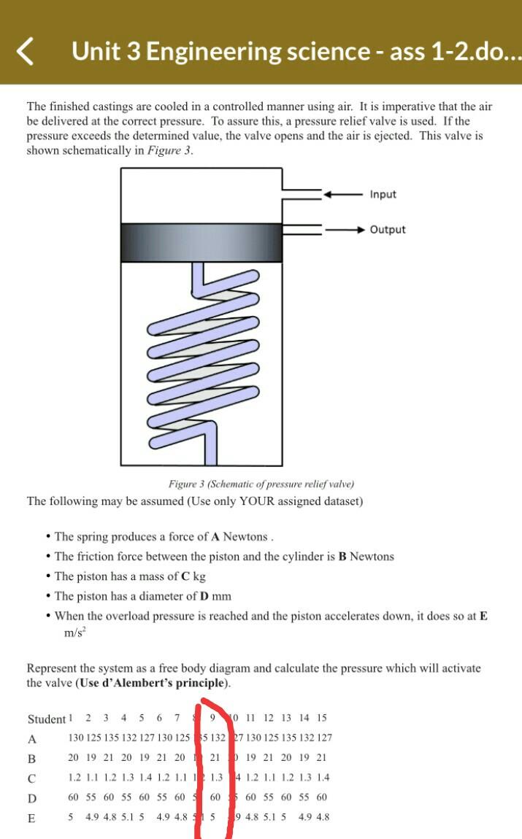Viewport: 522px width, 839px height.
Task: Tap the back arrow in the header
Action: click(26, 51)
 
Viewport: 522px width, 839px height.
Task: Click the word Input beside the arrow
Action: click(383, 194)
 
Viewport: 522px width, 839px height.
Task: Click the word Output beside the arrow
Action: click(387, 229)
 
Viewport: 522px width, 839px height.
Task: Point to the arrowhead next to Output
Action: click(358, 230)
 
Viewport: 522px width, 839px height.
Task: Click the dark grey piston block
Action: click(201, 242)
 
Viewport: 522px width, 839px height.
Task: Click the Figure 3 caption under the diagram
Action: click(261, 484)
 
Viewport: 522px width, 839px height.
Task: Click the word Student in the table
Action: click(46, 719)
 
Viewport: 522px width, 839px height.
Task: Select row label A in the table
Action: click(31, 738)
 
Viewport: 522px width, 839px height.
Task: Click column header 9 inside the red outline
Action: click(212, 718)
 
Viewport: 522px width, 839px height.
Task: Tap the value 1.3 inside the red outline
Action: click(217, 778)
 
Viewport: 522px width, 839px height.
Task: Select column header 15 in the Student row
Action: click(321, 718)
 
